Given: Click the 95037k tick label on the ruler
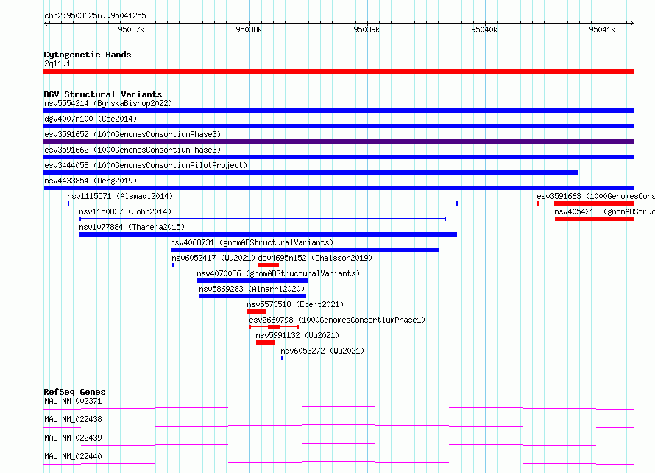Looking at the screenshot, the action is pos(131,29).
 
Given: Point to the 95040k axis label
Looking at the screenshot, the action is pos(484,29).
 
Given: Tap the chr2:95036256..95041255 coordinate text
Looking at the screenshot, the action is pos(95,16).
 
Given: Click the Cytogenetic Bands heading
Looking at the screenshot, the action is pos(88,55).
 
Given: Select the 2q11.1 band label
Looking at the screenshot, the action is pos(57,63).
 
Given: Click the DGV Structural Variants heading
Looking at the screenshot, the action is pos(103,94).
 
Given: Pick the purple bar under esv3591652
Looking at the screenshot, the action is pos(339,141).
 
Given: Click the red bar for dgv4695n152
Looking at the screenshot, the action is pos(269,265).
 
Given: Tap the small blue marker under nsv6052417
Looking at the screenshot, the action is pos(173,265).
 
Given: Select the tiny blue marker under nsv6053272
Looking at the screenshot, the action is pos(282,358).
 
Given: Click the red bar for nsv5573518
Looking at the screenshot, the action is pos(257,312).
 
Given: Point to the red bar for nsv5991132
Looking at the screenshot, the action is pos(266,343).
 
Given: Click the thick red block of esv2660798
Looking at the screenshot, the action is pos(274,327).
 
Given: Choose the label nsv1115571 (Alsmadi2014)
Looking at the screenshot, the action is pos(120,196).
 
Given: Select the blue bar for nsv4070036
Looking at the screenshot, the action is pos(252,281).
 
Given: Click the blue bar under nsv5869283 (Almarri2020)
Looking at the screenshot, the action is pos(252,296).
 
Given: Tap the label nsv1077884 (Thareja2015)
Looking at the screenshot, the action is pos(132,227).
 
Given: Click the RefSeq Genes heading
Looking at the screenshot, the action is pos(74,392).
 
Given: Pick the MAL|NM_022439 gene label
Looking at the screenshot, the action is pos(73,438).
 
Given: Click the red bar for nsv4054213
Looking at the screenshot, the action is pos(595,219).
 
